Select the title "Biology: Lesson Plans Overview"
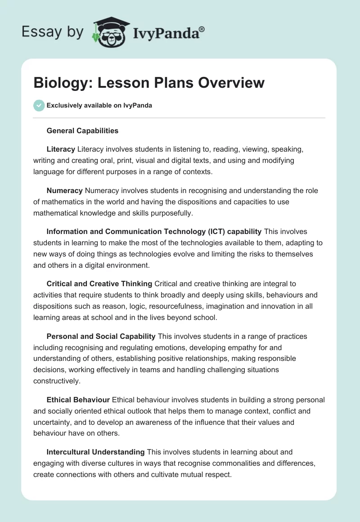tap(149, 83)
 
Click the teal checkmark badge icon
tap(39, 105)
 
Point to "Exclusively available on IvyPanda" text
tap(99, 105)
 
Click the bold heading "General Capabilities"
tap(82, 131)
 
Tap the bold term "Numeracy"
tap(64, 190)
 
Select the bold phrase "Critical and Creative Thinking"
tap(99, 283)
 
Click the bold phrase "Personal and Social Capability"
tap(101, 336)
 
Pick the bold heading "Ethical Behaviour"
tap(78, 400)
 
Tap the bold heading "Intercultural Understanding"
tap(95, 452)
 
